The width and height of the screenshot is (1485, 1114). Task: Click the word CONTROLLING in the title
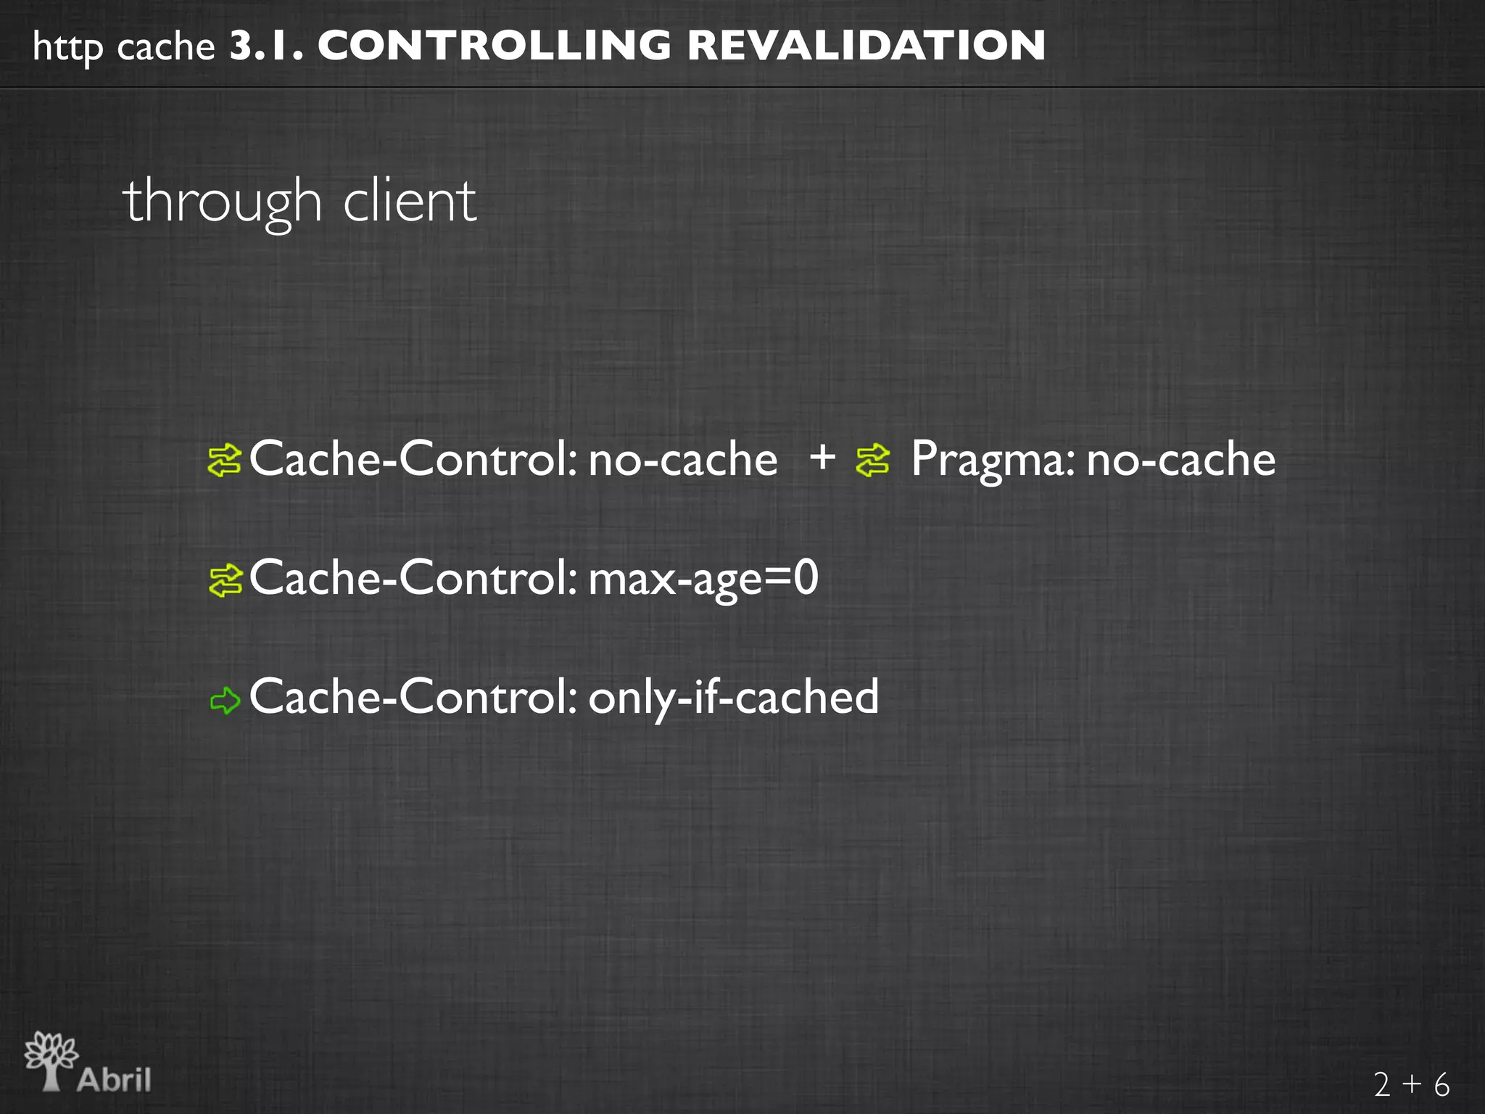coord(494,46)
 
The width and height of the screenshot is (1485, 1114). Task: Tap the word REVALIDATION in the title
coord(866,46)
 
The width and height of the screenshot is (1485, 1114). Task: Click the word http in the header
coord(68,49)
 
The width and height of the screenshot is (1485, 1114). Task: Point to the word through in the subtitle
coord(222,202)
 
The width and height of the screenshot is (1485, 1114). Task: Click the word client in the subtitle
coord(410,201)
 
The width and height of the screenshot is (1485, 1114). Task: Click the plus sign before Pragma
coord(822,458)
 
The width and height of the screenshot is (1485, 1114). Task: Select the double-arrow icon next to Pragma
coord(872,461)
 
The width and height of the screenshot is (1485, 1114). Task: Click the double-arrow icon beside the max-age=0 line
coord(225,580)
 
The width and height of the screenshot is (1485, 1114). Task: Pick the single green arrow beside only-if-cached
coord(225,700)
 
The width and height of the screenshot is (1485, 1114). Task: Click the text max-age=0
coord(703,579)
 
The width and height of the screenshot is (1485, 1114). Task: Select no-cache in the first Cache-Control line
coord(682,461)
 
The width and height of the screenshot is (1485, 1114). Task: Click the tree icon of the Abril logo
coord(51,1060)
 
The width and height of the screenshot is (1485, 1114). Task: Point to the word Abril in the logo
coord(115,1079)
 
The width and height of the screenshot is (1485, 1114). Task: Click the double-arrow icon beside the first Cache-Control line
coord(225,461)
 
